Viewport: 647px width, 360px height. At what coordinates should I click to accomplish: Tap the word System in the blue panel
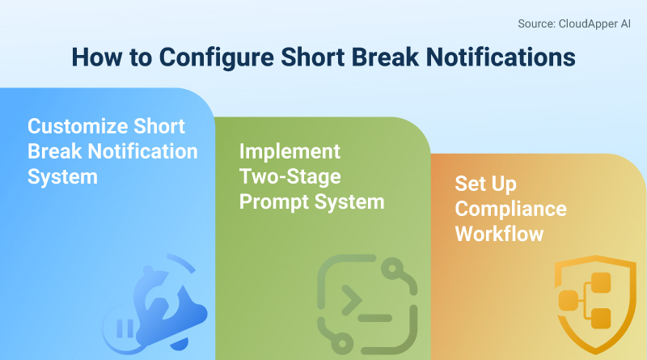[62, 176]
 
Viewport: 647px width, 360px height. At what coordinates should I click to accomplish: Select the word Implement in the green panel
[290, 151]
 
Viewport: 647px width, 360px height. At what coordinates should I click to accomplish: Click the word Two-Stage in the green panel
[290, 176]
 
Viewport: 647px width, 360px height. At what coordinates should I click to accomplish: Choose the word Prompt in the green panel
[271, 201]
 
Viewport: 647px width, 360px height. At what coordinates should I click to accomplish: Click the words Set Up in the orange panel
[485, 183]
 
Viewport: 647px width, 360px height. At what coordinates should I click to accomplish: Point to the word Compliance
[510, 208]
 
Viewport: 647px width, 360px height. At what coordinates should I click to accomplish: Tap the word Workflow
[499, 233]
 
